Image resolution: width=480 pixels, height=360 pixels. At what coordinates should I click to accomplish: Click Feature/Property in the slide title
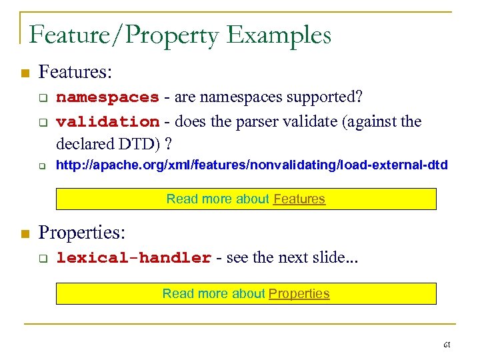123,35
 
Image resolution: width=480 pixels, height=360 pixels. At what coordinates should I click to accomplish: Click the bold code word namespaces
107,97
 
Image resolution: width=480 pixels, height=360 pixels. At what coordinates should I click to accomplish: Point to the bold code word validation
107,121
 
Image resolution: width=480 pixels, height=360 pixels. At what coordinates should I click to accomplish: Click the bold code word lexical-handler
134,258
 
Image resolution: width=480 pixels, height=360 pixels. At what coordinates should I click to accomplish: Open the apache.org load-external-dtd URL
252,165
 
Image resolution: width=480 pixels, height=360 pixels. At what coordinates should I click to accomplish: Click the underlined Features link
299,199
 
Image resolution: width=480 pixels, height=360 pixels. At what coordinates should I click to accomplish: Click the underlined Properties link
299,293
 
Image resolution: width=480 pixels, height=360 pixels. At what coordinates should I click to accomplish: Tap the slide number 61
447,345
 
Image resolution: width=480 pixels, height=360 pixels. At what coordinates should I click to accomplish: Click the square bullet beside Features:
25,72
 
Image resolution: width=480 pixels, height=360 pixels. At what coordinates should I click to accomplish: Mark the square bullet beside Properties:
25,233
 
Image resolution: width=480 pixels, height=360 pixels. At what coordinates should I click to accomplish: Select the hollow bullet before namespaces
42,99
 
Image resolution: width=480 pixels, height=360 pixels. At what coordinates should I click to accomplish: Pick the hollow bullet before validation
42,123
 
